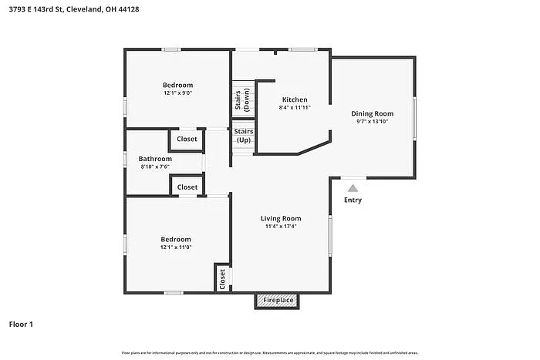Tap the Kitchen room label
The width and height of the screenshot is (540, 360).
tap(295, 99)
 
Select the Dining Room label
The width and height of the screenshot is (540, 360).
tap(372, 113)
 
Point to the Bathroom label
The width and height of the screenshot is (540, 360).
tap(155, 159)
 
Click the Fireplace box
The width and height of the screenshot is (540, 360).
tap(278, 300)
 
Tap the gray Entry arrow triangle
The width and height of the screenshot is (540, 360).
tap(353, 187)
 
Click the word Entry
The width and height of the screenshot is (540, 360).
tap(353, 200)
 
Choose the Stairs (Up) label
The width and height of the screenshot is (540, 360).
tap(243, 136)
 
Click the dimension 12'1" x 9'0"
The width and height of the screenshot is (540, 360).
tap(177, 93)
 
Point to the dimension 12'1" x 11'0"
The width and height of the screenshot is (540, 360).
tap(176, 247)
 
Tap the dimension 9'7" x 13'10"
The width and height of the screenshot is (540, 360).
tap(372, 122)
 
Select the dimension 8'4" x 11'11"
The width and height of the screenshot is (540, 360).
tap(295, 108)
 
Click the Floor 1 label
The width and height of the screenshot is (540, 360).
tap(21, 325)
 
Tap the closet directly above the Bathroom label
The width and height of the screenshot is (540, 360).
tap(187, 140)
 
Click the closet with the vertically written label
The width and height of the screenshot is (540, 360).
tap(222, 278)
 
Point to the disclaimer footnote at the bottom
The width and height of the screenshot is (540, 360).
tap(269, 352)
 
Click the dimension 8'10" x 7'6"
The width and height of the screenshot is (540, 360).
tap(155, 167)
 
